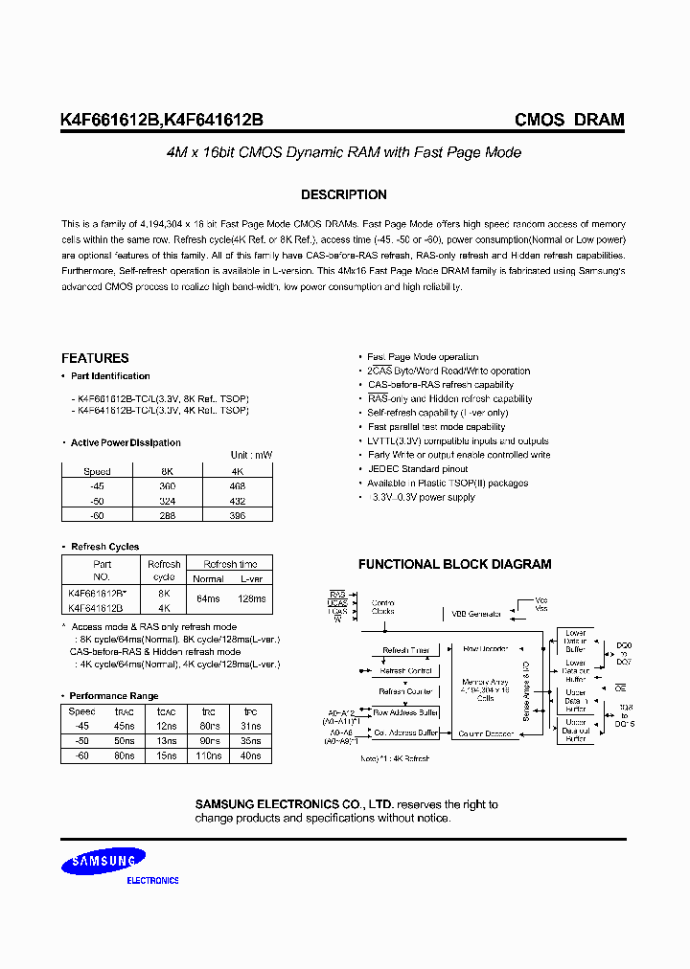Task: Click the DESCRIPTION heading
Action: pos(344,194)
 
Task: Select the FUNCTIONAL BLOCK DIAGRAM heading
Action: pos(454,564)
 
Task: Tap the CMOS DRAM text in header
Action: pos(569,121)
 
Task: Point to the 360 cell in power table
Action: pos(167,486)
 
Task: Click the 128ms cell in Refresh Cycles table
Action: pos(251,599)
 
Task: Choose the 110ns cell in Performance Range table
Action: pos(210,755)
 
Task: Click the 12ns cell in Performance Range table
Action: pos(167,726)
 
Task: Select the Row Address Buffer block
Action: pos(405,712)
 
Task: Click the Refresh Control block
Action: pos(406,670)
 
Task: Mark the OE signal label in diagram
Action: pos(621,687)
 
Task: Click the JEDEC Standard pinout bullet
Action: pos(418,469)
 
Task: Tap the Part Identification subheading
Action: pos(110,376)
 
